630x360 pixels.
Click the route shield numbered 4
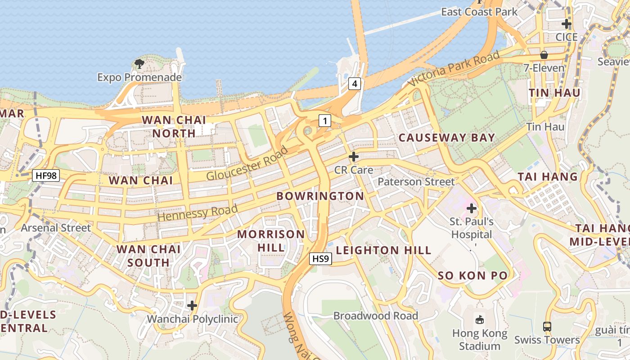(x=355, y=83)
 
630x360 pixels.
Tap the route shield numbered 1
(x=325, y=120)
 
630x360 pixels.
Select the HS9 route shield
(x=321, y=259)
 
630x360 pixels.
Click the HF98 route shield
(x=46, y=175)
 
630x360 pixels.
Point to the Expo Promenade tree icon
(x=139, y=63)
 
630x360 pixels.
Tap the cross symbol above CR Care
(x=354, y=157)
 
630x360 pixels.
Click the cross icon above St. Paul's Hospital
(x=472, y=208)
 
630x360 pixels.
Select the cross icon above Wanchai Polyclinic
(x=192, y=306)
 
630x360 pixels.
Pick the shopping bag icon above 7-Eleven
(x=544, y=55)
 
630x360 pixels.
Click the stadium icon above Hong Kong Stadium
(x=480, y=320)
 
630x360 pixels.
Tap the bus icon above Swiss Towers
(x=547, y=327)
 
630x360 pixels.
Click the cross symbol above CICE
(x=567, y=23)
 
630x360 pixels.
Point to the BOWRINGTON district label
(x=320, y=196)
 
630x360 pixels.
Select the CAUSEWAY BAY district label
(x=447, y=138)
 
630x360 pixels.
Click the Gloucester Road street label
(x=247, y=163)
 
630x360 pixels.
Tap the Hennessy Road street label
(x=198, y=212)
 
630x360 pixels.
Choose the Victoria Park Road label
(x=454, y=69)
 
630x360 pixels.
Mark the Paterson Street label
(x=416, y=182)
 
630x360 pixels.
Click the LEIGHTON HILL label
(x=383, y=250)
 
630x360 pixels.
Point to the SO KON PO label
(x=472, y=275)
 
